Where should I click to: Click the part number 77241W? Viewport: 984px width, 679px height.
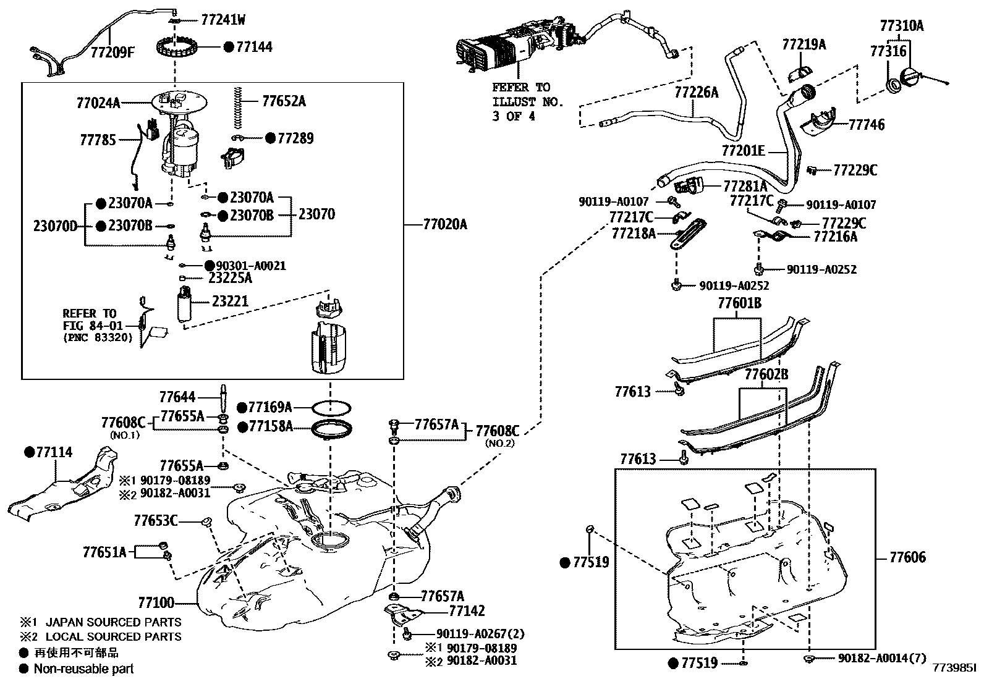pos(223,20)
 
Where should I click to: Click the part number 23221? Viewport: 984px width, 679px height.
pos(230,301)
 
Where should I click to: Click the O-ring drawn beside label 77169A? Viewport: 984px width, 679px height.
pos(331,408)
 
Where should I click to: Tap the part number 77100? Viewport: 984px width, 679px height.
pos(156,602)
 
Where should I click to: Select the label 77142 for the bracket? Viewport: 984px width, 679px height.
pos(467,611)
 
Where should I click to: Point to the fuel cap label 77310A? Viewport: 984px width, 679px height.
pos(901,26)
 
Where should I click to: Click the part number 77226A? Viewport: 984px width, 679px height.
pos(697,93)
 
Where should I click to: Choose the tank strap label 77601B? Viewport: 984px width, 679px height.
pos(739,303)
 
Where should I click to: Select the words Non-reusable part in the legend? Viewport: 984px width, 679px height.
pos(83,668)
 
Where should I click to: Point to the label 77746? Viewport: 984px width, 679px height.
pos(867,125)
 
